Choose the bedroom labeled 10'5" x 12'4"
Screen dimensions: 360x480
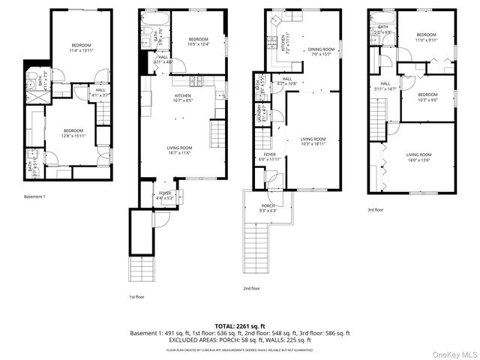coord(198,42)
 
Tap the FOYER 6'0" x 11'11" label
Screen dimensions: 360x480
coord(269,157)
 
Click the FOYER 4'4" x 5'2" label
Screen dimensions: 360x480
coord(164,195)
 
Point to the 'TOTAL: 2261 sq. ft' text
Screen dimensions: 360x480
coord(240,326)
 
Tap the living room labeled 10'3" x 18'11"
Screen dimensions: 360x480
coord(313,141)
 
